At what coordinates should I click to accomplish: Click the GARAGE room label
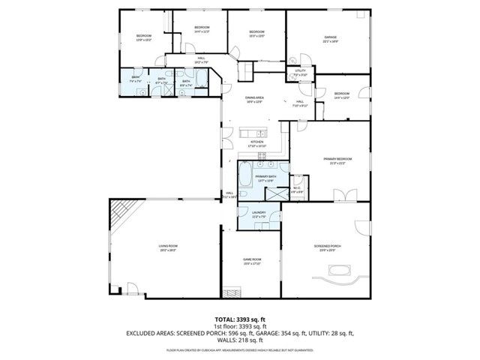pyautogui.click(x=330, y=38)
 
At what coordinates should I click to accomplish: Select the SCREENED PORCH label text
pyautogui.click(x=326, y=248)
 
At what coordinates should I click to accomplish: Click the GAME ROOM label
pyautogui.click(x=251, y=260)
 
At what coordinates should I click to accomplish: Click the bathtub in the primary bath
pyautogui.click(x=245, y=178)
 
